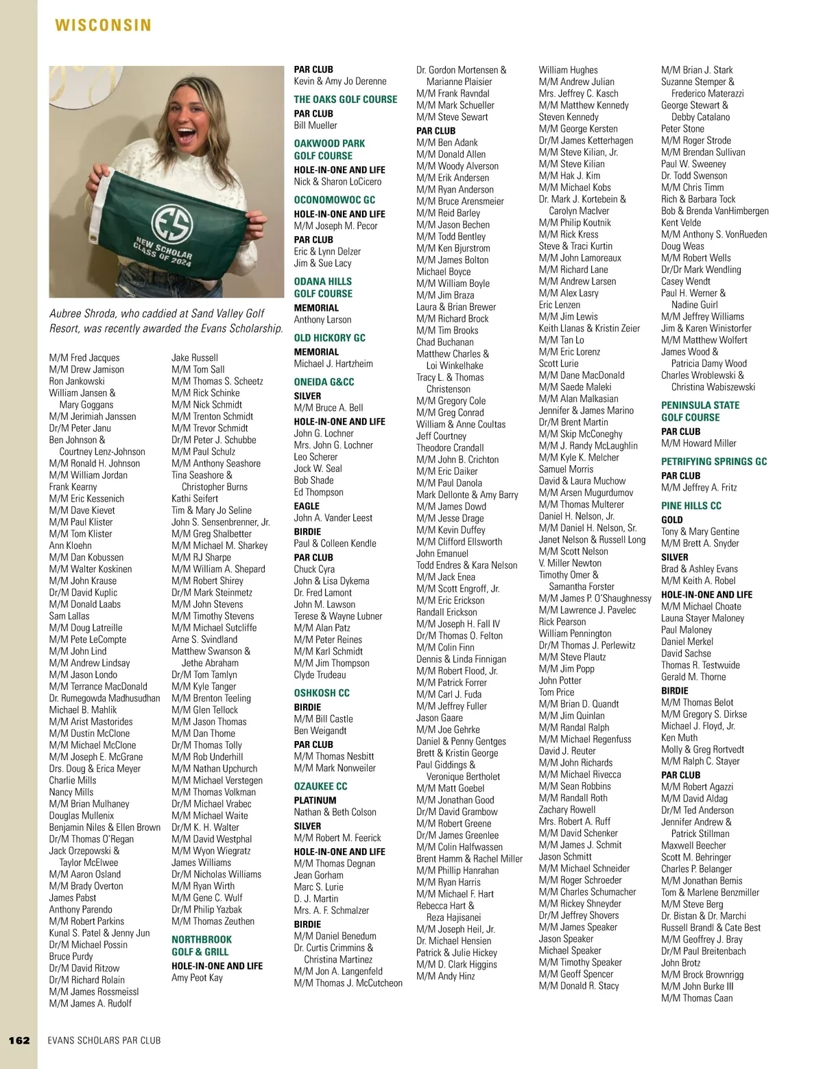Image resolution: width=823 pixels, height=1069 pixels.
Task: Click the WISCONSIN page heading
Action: [103, 25]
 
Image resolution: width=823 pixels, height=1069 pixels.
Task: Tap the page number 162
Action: [19, 1040]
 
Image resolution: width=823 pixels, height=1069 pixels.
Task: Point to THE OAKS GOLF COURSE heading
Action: [345, 99]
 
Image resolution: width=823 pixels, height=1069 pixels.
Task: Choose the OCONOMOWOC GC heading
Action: [335, 200]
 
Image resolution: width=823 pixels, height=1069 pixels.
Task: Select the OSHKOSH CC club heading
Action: [322, 693]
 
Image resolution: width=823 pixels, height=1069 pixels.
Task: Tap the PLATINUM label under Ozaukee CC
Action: [315, 800]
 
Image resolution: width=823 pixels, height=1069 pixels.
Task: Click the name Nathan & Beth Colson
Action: [335, 812]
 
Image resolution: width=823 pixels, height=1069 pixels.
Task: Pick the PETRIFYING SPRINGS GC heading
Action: [713, 462]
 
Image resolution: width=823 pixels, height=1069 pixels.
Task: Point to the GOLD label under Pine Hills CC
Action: [671, 519]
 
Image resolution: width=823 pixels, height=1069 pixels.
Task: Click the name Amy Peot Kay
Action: [197, 977]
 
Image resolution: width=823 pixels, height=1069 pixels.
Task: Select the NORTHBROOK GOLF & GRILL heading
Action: [202, 945]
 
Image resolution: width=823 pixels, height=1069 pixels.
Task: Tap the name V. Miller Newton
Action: [570, 563]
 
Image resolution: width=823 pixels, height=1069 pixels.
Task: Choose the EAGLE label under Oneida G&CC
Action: [307, 506]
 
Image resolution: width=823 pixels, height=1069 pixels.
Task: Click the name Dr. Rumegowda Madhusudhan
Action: [104, 698]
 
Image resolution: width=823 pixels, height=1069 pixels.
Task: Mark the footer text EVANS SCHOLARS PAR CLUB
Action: [104, 1040]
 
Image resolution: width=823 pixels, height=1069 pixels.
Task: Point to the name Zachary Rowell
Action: [567, 810]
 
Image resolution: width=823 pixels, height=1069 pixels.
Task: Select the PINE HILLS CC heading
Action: [691, 506]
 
